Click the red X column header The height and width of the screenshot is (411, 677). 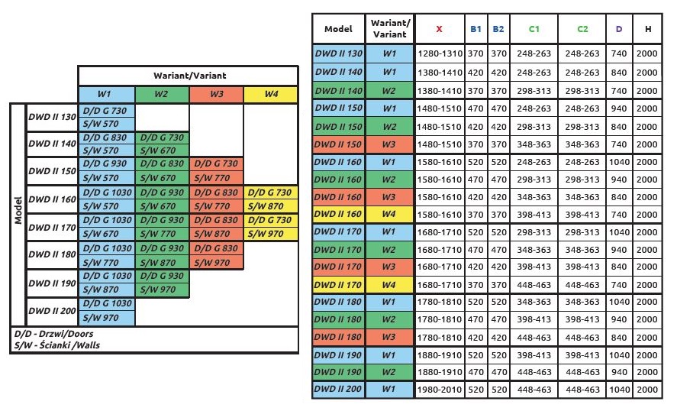coord(439,29)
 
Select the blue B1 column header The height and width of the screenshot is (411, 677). coord(476,29)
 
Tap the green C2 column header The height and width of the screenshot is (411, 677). coord(582,29)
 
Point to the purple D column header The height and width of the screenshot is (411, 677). coord(618,29)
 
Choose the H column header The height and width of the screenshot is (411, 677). coord(647,29)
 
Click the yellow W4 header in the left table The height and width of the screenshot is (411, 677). coord(271,94)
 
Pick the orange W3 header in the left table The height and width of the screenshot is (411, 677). coord(216,94)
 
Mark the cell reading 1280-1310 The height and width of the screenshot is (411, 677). coord(439,53)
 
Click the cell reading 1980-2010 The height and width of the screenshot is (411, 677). coord(439,390)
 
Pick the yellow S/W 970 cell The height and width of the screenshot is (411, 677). coord(270,234)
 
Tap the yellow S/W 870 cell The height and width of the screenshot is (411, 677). coord(270,206)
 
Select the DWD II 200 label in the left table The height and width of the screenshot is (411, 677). coord(52,311)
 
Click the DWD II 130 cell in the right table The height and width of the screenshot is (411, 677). coord(339,53)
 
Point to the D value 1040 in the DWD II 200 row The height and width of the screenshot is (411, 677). coord(618,390)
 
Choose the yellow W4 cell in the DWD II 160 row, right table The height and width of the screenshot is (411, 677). coord(389,214)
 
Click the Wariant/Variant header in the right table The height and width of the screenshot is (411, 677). coord(389,29)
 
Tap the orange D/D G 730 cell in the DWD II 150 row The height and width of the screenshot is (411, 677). coord(216,165)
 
